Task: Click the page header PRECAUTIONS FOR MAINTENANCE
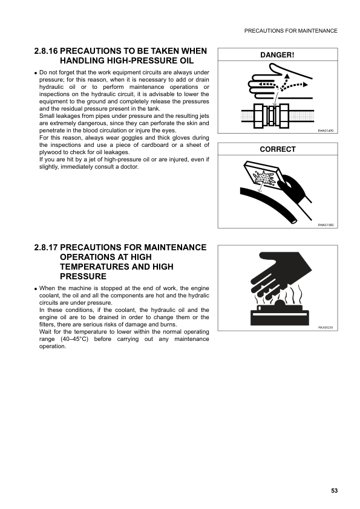(290, 31)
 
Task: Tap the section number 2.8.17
(47, 248)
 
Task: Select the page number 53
(335, 491)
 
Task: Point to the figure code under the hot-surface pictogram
(326, 327)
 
